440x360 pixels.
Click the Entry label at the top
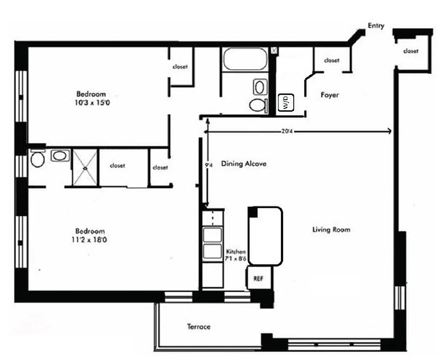pos(376,26)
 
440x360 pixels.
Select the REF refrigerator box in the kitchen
pos(258,279)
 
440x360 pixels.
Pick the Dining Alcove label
pos(243,164)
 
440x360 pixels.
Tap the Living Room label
pos(331,230)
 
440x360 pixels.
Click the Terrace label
pos(198,327)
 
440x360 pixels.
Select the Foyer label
pos(329,95)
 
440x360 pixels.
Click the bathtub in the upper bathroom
pos(244,59)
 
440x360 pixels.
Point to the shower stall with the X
pos(85,167)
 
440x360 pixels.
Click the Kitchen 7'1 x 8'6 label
pos(236,255)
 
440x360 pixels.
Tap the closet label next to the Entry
pos(410,51)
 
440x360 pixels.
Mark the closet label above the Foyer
pos(332,60)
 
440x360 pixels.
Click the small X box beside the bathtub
pos(274,51)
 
